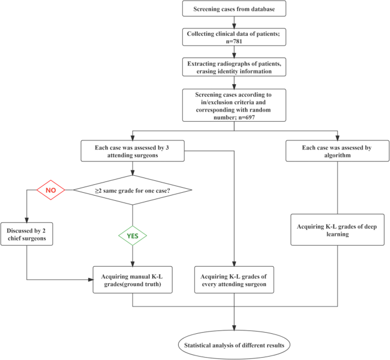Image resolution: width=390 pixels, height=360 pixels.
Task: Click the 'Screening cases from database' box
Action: [234, 10]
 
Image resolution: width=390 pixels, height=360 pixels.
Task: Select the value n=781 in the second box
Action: [234, 42]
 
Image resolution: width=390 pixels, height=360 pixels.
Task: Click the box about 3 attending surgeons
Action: [132, 151]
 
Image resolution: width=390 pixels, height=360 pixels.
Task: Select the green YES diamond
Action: [132, 235]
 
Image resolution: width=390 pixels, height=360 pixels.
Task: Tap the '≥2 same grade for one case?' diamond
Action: [132, 189]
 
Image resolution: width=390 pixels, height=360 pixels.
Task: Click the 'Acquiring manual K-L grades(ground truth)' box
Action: [132, 279]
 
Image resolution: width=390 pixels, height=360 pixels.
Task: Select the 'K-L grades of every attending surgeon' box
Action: [233, 279]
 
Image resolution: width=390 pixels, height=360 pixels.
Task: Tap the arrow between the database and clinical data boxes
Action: [234, 23]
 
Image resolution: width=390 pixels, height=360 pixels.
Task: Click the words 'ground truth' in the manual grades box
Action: [143, 283]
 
